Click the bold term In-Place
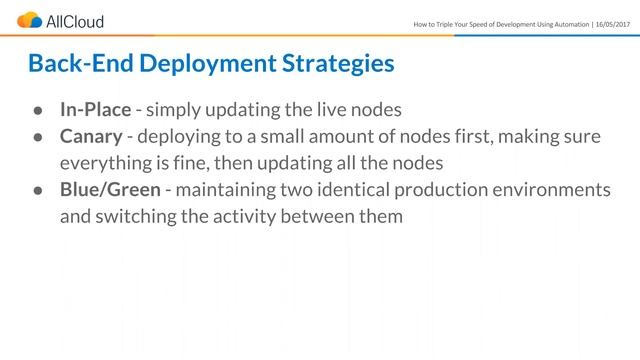tap(95, 109)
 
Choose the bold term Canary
tap(91, 136)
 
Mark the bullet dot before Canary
tap(36, 137)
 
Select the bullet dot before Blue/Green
tap(36, 191)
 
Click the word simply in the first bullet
tap(173, 109)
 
